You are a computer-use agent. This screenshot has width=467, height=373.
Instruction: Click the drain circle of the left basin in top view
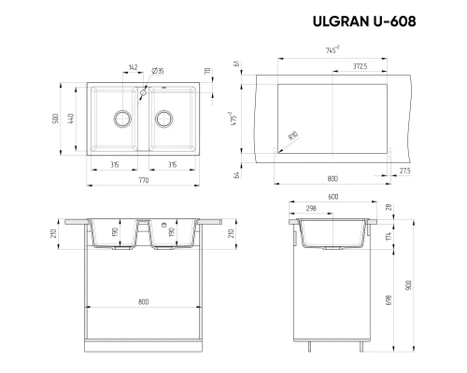pyautogui.click(x=120, y=117)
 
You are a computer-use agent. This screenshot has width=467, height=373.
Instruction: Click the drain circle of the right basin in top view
pyautogui.click(x=165, y=117)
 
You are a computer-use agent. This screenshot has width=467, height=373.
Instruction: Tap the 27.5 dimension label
pyautogui.click(x=403, y=172)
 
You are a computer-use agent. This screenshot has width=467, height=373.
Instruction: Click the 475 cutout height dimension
pyautogui.click(x=239, y=119)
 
